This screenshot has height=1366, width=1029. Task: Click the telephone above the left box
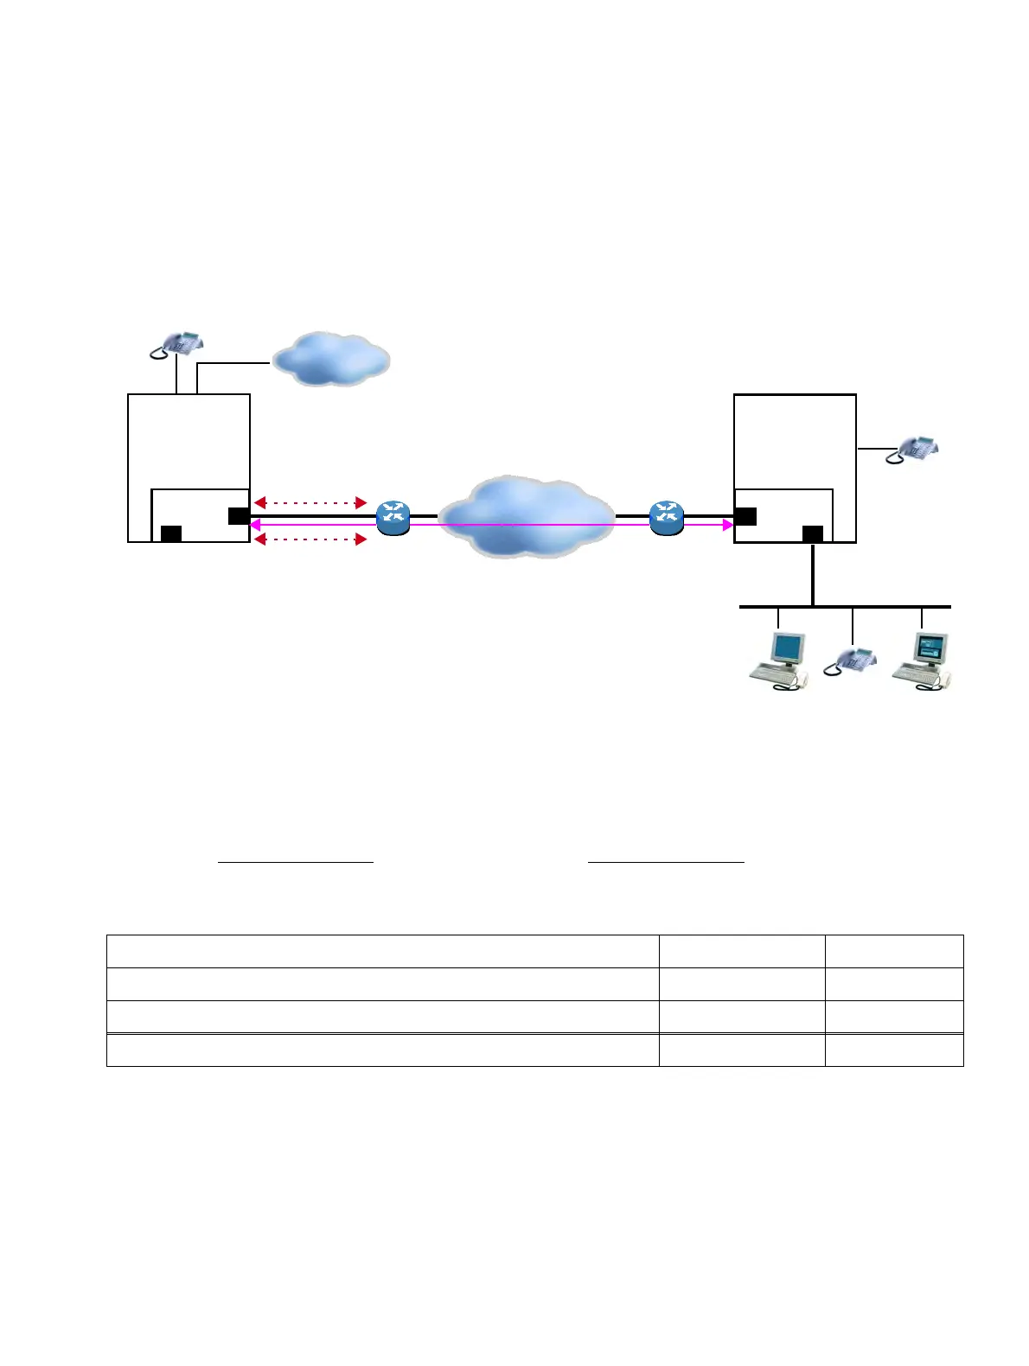click(177, 343)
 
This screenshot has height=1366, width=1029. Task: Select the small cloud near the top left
click(330, 358)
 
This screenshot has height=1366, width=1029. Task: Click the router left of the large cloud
click(393, 517)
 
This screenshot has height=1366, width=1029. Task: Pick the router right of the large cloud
click(666, 516)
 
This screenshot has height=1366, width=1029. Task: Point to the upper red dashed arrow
click(310, 502)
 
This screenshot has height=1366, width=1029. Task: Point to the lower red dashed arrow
click(310, 539)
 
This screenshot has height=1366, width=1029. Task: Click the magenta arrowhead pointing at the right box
click(727, 524)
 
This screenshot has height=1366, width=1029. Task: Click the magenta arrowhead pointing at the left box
click(256, 524)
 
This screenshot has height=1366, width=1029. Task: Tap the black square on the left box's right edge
click(239, 516)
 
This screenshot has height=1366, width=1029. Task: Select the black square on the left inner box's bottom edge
click(171, 533)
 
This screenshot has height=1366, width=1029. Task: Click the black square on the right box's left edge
click(745, 516)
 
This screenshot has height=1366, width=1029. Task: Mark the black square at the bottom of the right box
click(813, 533)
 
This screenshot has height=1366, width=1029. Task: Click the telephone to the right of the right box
click(911, 450)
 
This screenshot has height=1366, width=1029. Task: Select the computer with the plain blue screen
click(779, 661)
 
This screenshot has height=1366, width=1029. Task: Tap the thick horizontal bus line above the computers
click(845, 607)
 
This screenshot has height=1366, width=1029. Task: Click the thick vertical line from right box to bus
click(813, 575)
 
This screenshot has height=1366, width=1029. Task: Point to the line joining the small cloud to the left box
click(233, 364)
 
